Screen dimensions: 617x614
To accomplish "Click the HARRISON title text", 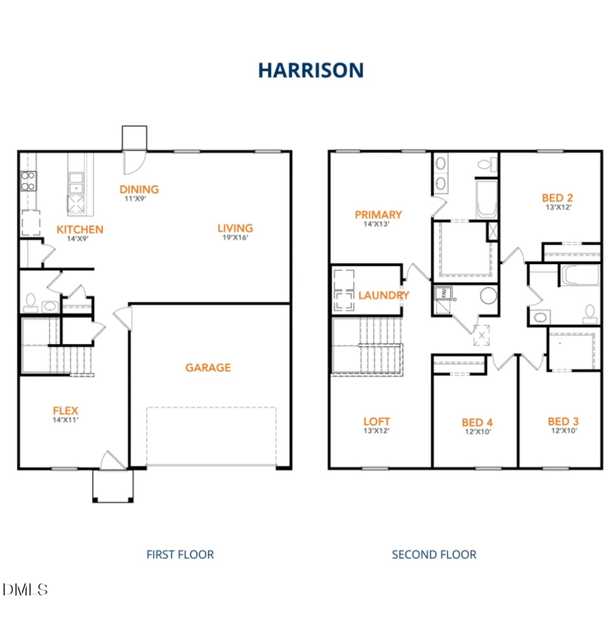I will [310, 70].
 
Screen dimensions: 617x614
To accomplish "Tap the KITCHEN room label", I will [80, 229].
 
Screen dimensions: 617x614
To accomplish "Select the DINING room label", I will [138, 189].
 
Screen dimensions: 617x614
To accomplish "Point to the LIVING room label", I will [235, 228].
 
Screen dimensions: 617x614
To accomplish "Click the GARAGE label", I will [208, 367].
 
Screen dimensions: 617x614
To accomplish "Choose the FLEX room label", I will [65, 410].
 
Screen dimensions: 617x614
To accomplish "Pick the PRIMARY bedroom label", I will [378, 214].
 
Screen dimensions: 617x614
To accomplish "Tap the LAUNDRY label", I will [383, 295].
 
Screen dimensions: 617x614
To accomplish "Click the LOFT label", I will [377, 421].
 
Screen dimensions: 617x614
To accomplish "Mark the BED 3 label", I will [564, 421].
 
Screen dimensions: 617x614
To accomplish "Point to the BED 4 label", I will [477, 422].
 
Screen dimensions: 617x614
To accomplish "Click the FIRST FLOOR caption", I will [180, 554].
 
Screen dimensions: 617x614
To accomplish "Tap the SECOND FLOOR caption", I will [434, 554].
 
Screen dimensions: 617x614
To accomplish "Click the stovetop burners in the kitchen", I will [28, 180].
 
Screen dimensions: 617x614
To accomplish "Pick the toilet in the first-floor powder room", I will [30, 302].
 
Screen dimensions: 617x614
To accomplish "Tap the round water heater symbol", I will [488, 296].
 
